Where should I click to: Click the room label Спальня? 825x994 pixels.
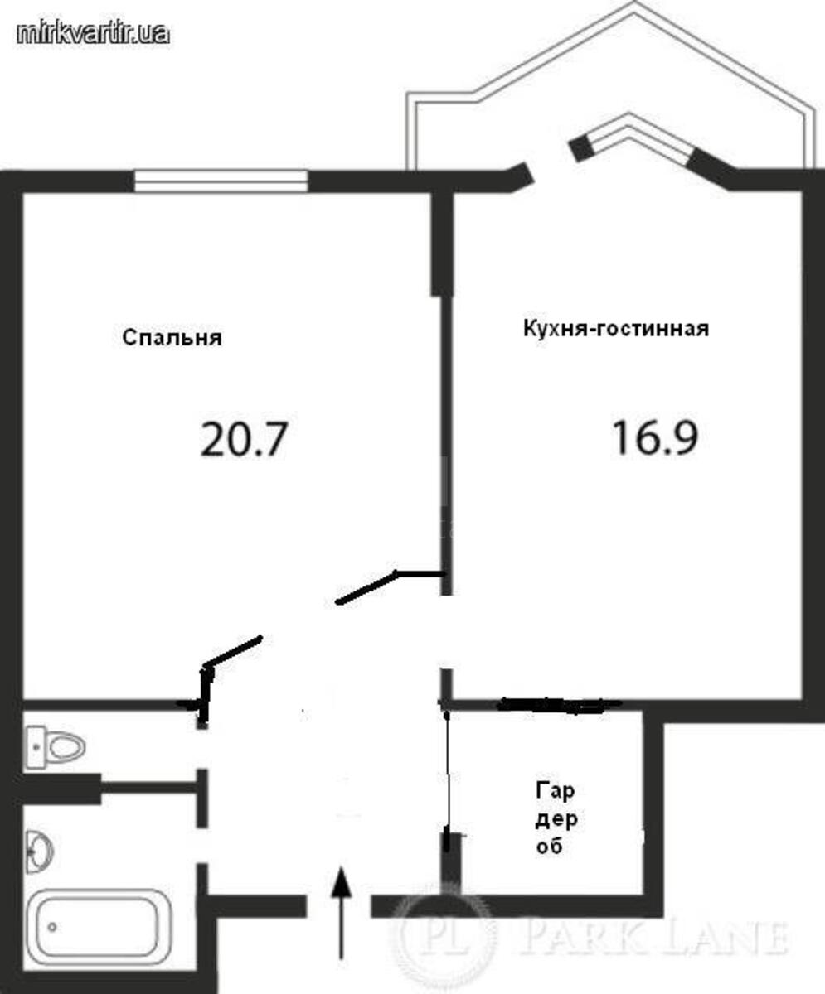(172, 338)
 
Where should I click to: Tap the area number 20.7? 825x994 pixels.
(242, 439)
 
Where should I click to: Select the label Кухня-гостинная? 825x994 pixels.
(615, 329)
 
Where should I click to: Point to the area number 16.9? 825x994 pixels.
(654, 437)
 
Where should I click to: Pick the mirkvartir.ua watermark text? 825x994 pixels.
(93, 32)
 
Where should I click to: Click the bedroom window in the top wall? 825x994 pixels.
(221, 181)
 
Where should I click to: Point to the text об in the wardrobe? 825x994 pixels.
(551, 847)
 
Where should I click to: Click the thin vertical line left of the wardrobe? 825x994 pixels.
(448, 770)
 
